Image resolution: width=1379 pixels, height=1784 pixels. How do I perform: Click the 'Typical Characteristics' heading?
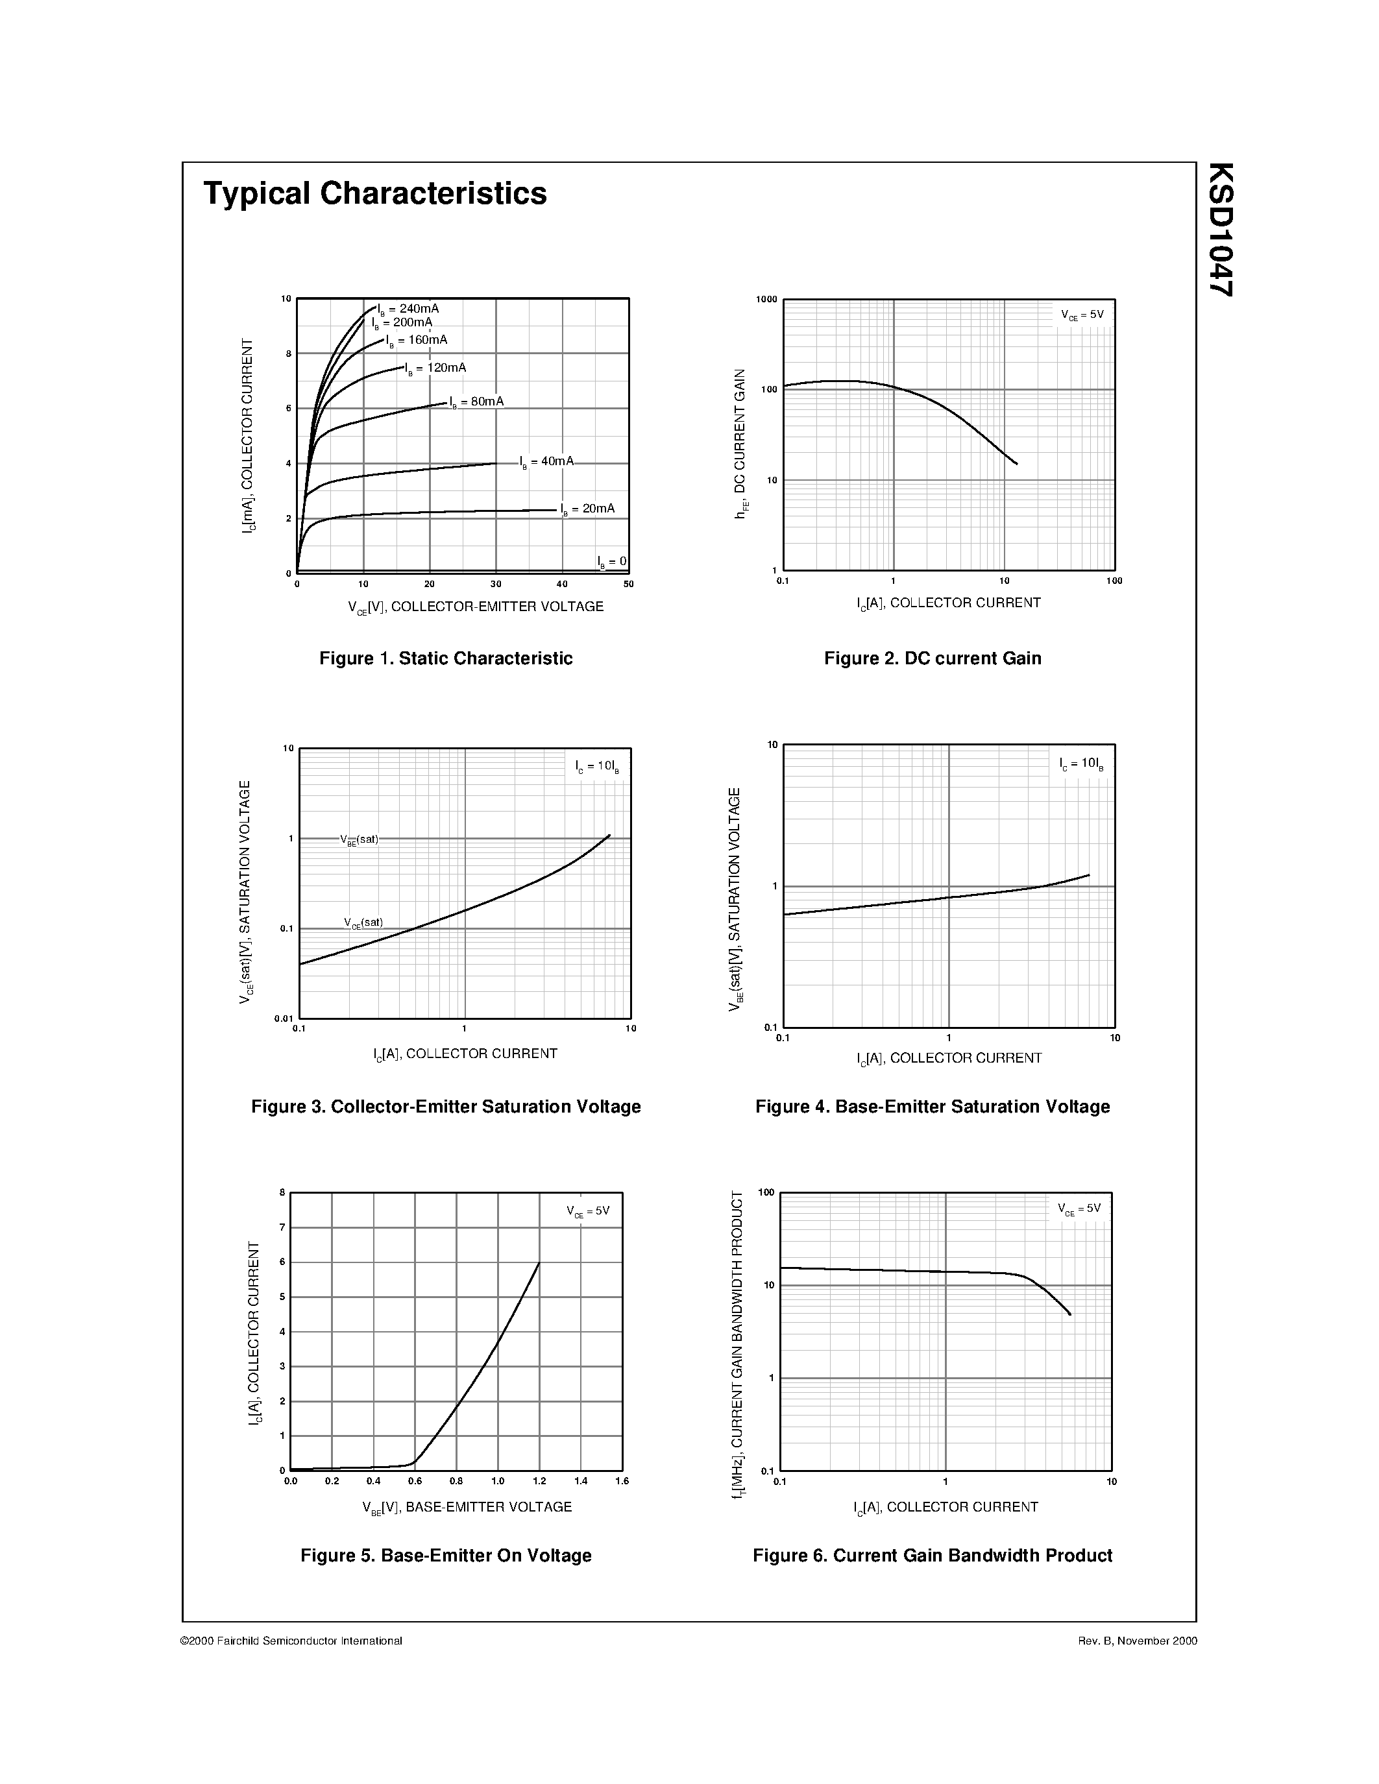click(x=375, y=193)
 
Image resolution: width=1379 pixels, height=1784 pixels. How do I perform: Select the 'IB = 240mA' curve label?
click(x=408, y=309)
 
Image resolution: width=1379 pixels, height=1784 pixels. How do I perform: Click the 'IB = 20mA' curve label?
click(x=587, y=509)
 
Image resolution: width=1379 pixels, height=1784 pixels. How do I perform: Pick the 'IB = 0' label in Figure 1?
click(x=612, y=562)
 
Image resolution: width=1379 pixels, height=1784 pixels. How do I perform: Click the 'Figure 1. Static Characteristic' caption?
click(x=445, y=658)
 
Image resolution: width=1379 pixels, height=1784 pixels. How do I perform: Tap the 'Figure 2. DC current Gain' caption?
click(x=932, y=658)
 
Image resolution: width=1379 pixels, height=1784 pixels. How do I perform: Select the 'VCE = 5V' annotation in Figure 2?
click(x=1082, y=315)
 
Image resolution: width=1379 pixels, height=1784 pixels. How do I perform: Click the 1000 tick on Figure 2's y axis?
click(x=766, y=300)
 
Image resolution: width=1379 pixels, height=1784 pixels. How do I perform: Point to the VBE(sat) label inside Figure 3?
click(x=360, y=839)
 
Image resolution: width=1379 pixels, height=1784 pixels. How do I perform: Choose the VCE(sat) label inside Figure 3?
click(x=363, y=923)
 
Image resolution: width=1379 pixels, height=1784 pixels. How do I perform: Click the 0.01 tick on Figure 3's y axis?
click(x=284, y=1019)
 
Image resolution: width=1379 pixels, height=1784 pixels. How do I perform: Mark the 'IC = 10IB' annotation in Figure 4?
click(x=1082, y=765)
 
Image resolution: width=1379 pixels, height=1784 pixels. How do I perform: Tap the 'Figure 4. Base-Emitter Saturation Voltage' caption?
click(x=932, y=1107)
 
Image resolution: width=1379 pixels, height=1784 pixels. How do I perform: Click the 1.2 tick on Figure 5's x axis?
click(x=539, y=1481)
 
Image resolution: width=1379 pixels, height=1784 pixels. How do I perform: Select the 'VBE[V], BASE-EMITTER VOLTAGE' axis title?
click(x=467, y=1507)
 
